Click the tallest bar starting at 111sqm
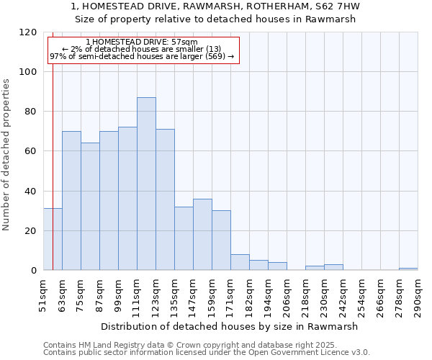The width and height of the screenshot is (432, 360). click(146, 184)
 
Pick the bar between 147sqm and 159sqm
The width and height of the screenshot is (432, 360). click(202, 234)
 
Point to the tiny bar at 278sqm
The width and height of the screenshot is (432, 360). click(408, 269)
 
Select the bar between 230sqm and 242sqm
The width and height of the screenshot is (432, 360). click(333, 267)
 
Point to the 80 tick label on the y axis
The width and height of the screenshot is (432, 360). click(31, 112)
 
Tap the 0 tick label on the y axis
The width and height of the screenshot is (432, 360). click(34, 271)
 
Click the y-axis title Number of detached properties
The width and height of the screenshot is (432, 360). click(7, 155)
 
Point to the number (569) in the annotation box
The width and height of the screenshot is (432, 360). click(213, 56)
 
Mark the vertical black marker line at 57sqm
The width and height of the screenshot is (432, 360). click(53, 144)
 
